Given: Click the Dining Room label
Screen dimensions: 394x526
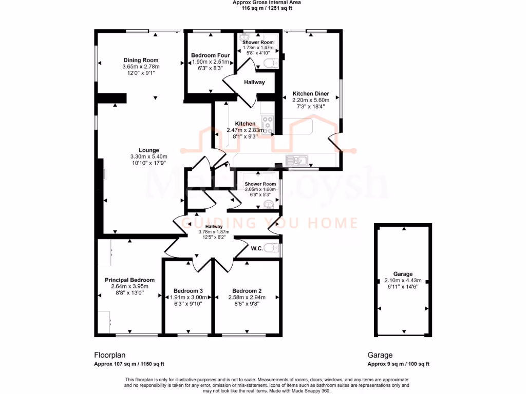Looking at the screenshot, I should [141, 60].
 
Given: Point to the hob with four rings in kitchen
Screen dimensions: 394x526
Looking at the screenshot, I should [268, 125].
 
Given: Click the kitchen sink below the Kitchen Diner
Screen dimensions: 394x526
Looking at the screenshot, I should [297, 161].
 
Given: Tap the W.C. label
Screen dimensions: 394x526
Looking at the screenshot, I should [257, 249].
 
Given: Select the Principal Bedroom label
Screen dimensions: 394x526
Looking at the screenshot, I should [129, 280].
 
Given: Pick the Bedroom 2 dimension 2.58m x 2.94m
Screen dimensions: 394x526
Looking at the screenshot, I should [248, 297].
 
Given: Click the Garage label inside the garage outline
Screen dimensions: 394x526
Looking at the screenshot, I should [403, 274].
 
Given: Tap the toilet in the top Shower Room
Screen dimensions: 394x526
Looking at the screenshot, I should [268, 63].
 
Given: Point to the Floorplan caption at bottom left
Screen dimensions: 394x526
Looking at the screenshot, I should [109, 355].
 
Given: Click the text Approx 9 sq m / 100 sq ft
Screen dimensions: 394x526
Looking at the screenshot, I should [398, 364].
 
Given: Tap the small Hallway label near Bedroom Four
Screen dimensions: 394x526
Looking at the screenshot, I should [254, 82].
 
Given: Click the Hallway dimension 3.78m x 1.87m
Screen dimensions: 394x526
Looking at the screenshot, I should [214, 232].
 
